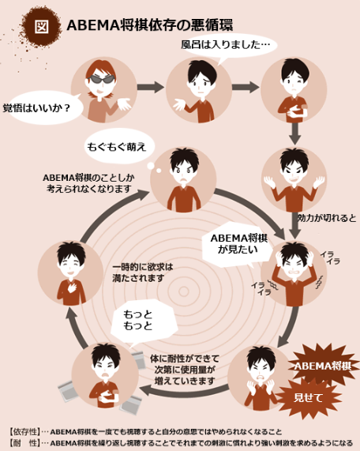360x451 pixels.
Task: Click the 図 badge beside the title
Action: click(41, 26)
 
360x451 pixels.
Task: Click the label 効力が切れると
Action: click(327, 218)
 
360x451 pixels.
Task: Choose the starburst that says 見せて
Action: click(308, 398)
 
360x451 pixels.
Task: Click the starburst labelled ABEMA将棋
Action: click(323, 366)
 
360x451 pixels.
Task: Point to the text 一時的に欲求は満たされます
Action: click(143, 272)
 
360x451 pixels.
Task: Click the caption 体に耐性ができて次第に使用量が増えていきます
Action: click(185, 370)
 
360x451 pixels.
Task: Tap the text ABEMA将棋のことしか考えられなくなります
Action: click(88, 183)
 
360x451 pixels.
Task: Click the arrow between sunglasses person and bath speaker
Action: click(150, 87)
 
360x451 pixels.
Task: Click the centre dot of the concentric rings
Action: click(184, 291)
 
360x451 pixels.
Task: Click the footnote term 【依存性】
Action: click(24, 432)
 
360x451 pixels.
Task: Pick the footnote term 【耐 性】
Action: click(24, 442)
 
